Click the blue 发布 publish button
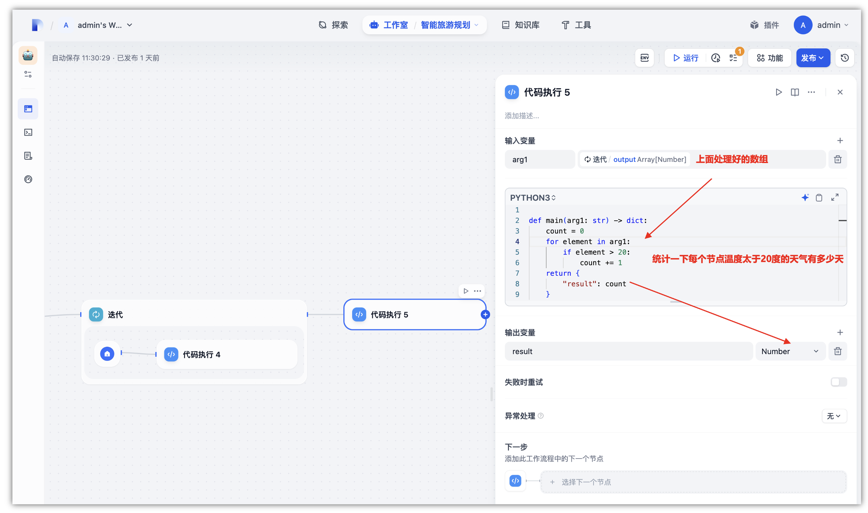click(x=812, y=58)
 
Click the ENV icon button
click(x=645, y=58)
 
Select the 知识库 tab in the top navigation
click(x=521, y=25)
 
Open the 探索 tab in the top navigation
click(x=333, y=25)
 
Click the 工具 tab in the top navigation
click(x=576, y=25)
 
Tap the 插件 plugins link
click(x=764, y=25)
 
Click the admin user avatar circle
click(x=803, y=25)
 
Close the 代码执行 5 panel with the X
click(x=840, y=92)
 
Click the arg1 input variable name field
click(x=540, y=159)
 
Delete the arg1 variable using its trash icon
click(x=838, y=159)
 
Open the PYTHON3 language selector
click(x=533, y=198)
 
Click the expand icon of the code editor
click(x=835, y=197)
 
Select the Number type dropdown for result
click(x=790, y=352)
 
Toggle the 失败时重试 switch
click(x=839, y=382)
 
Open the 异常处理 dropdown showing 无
click(x=834, y=416)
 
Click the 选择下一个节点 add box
click(x=693, y=482)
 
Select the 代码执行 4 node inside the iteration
click(x=227, y=354)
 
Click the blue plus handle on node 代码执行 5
click(x=485, y=314)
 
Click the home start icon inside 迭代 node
click(x=107, y=354)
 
